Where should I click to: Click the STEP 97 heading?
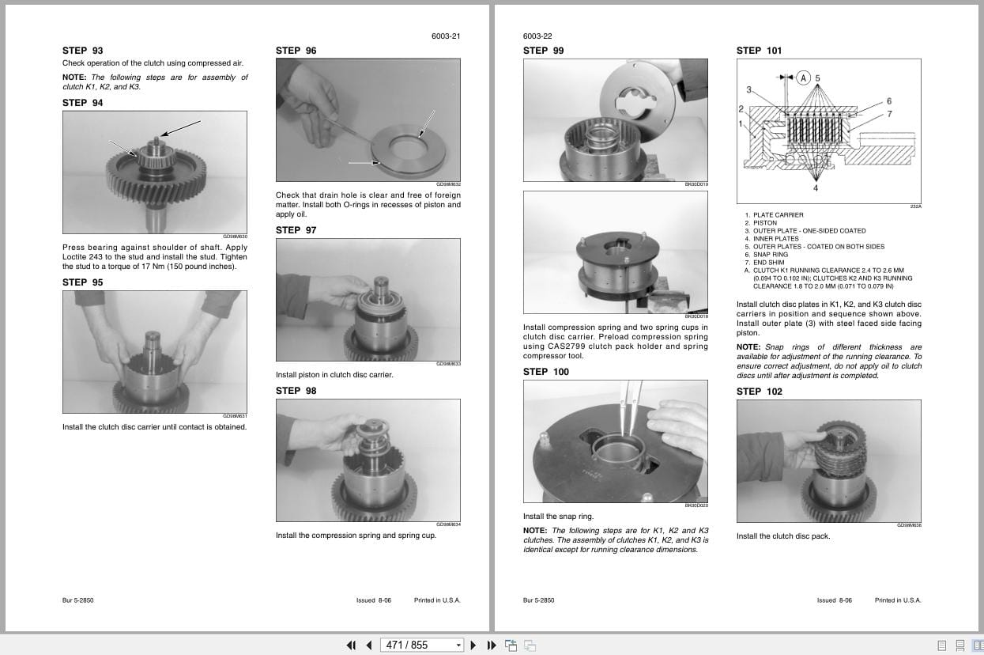coord(296,230)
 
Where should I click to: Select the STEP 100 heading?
coord(545,372)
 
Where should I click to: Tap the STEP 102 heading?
coord(759,392)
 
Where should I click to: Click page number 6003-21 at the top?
coord(446,36)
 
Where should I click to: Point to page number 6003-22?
coord(537,36)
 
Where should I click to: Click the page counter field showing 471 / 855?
coord(420,645)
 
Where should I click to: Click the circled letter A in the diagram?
coord(803,78)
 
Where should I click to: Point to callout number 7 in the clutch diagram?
coord(889,115)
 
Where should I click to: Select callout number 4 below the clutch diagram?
coord(816,187)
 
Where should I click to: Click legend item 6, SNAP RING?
coord(770,255)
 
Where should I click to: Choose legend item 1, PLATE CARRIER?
coord(778,215)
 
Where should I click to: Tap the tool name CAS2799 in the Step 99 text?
coord(562,346)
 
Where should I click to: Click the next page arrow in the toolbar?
coord(473,645)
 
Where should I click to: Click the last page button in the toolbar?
coord(492,645)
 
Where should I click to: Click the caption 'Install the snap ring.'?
coord(558,517)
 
